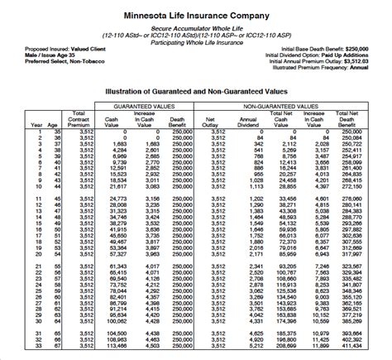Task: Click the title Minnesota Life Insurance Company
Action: click(x=196, y=15)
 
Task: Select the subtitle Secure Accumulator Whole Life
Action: click(x=196, y=27)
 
